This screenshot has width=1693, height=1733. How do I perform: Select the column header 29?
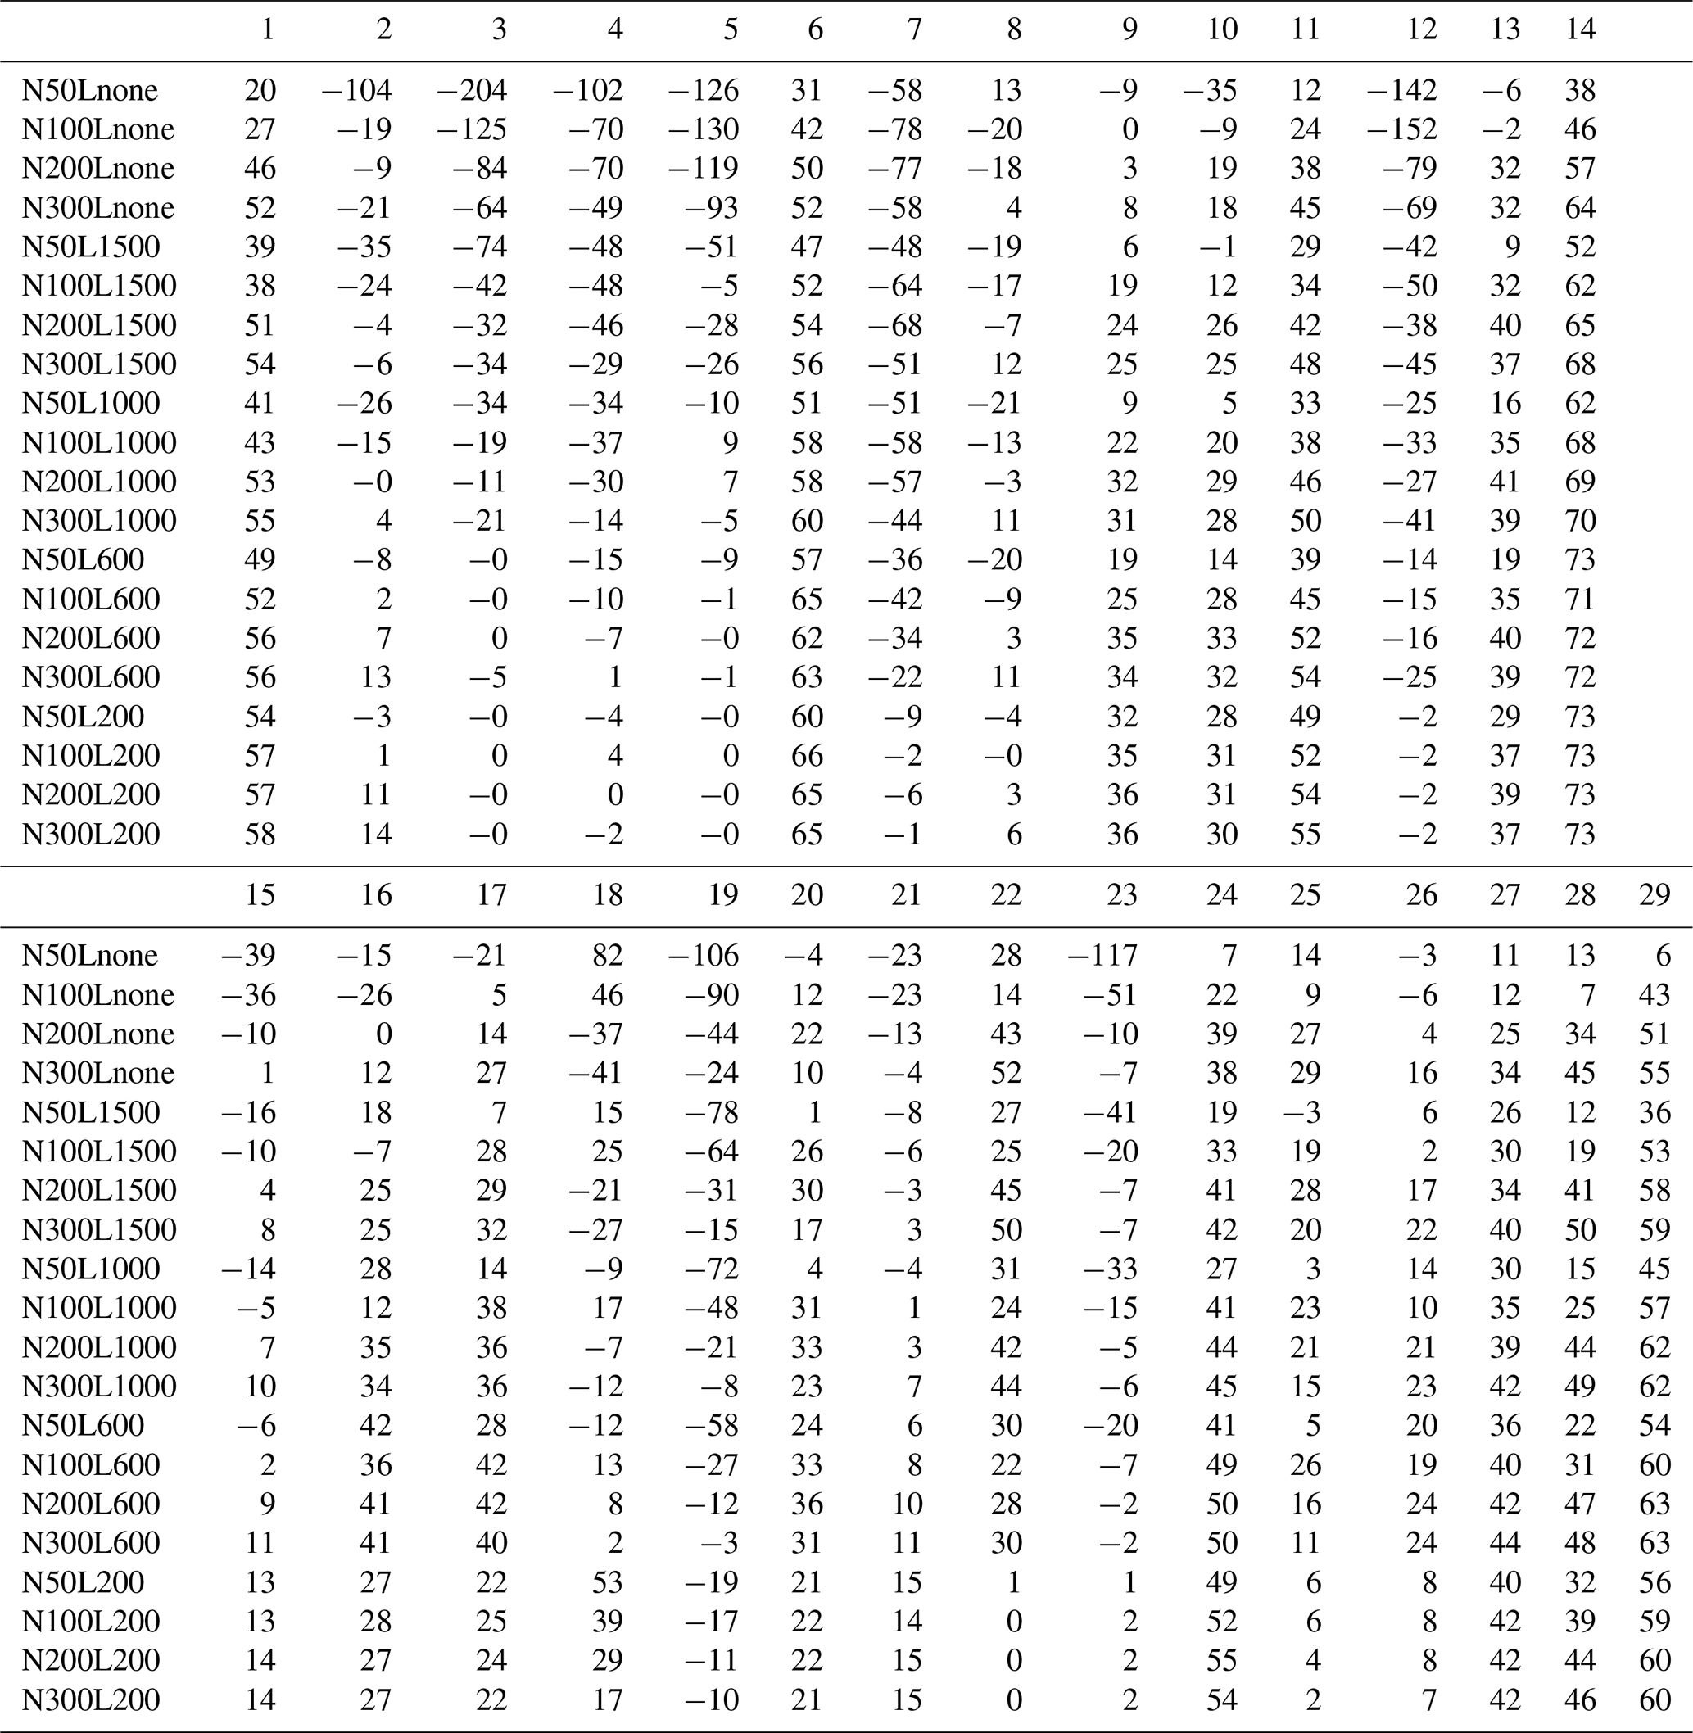click(x=1654, y=895)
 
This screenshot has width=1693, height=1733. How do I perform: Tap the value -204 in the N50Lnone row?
click(x=471, y=91)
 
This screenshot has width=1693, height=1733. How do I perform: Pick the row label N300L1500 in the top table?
click(x=99, y=364)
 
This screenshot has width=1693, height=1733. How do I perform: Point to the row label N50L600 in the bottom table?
click(x=83, y=1425)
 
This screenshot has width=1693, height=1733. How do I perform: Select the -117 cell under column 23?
click(x=1102, y=956)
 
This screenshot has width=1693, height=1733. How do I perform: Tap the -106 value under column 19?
click(x=704, y=956)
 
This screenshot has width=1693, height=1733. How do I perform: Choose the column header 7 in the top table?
click(x=913, y=30)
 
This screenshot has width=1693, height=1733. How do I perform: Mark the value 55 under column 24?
click(x=1221, y=1660)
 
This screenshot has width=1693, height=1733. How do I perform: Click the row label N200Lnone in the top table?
click(x=97, y=169)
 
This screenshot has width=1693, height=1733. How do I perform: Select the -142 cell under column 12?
click(x=1401, y=91)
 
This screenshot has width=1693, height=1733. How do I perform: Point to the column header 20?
click(x=806, y=895)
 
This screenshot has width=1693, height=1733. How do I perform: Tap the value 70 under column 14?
click(x=1580, y=521)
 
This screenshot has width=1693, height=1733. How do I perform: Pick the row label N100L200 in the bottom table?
click(x=91, y=1621)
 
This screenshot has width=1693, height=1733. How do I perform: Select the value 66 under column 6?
click(x=807, y=756)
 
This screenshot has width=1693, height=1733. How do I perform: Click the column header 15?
click(x=260, y=895)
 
